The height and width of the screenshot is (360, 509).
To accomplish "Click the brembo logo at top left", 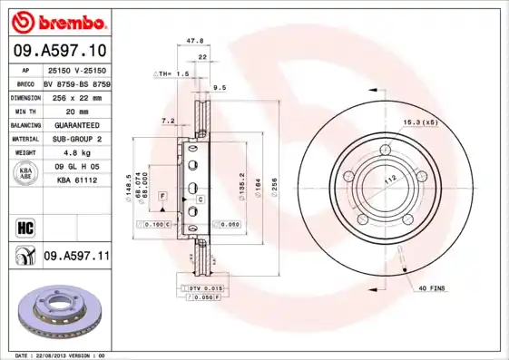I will click(x=58, y=20).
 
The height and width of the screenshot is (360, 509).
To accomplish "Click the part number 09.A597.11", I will click(x=76, y=258).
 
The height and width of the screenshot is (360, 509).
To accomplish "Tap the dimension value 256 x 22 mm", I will click(x=76, y=96).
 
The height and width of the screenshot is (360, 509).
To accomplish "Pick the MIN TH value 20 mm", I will click(x=76, y=111).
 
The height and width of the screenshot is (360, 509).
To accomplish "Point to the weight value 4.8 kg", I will click(x=76, y=153).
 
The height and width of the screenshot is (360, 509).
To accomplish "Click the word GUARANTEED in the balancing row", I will click(x=76, y=124).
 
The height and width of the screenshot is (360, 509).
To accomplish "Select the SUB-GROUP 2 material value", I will click(x=76, y=139).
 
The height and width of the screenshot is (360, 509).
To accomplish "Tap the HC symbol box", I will click(x=26, y=225).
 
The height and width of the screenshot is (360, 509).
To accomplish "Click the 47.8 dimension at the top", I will click(x=193, y=41).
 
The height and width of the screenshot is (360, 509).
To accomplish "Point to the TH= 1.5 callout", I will click(x=173, y=73).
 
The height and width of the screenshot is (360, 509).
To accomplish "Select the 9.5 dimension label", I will click(x=219, y=88).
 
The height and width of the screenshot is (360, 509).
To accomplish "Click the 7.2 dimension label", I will click(x=168, y=120).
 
